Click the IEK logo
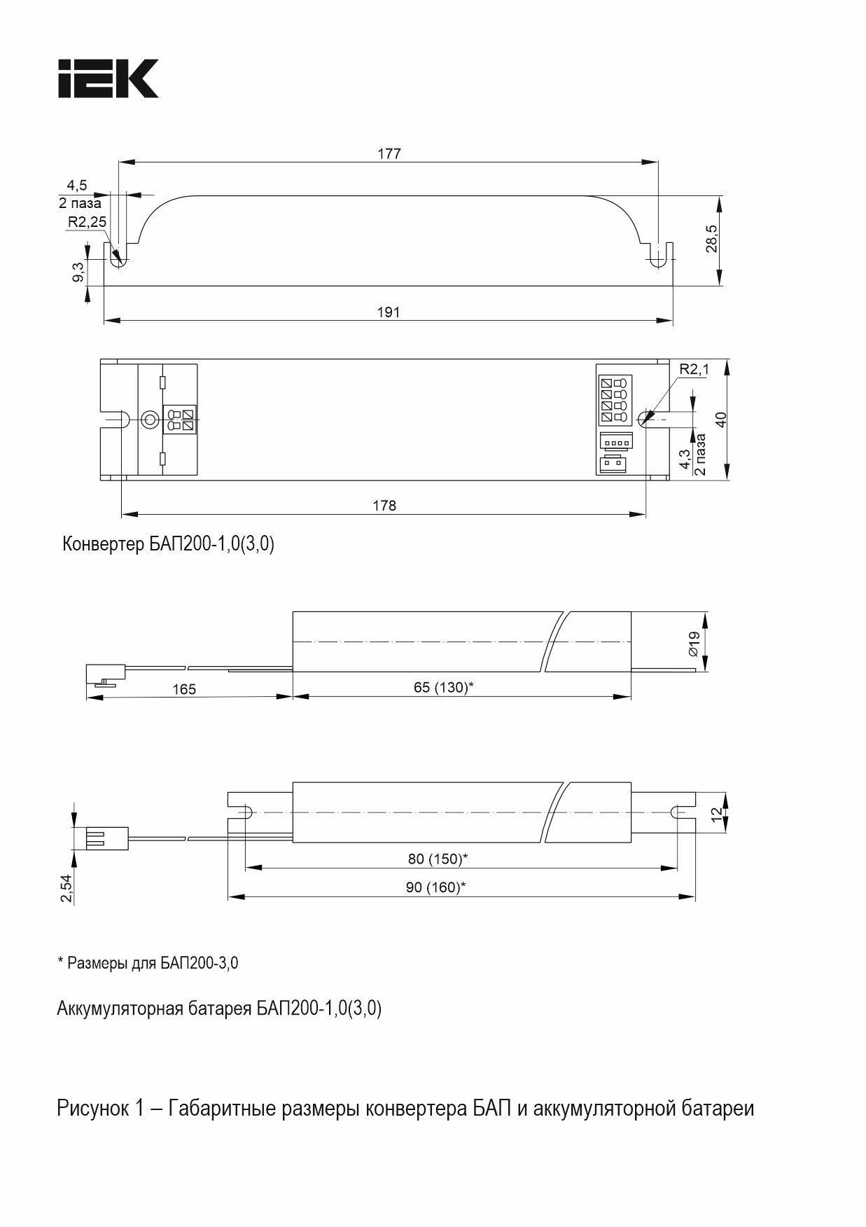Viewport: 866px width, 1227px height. [x=109, y=78]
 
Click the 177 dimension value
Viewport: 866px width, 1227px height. [x=389, y=153]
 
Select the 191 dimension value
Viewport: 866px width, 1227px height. [x=388, y=312]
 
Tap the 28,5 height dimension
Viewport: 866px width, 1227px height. [x=711, y=239]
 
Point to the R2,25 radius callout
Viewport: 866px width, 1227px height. [x=87, y=222]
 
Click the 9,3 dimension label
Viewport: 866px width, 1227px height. [x=78, y=270]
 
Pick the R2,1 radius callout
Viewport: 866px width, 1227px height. [x=694, y=369]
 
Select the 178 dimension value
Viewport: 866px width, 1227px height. [x=384, y=505]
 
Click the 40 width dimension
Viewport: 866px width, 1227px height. [x=721, y=420]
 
